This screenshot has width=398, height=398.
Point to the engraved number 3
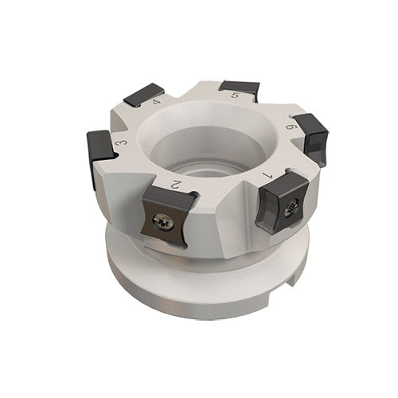120,142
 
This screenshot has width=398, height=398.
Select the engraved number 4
157,103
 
